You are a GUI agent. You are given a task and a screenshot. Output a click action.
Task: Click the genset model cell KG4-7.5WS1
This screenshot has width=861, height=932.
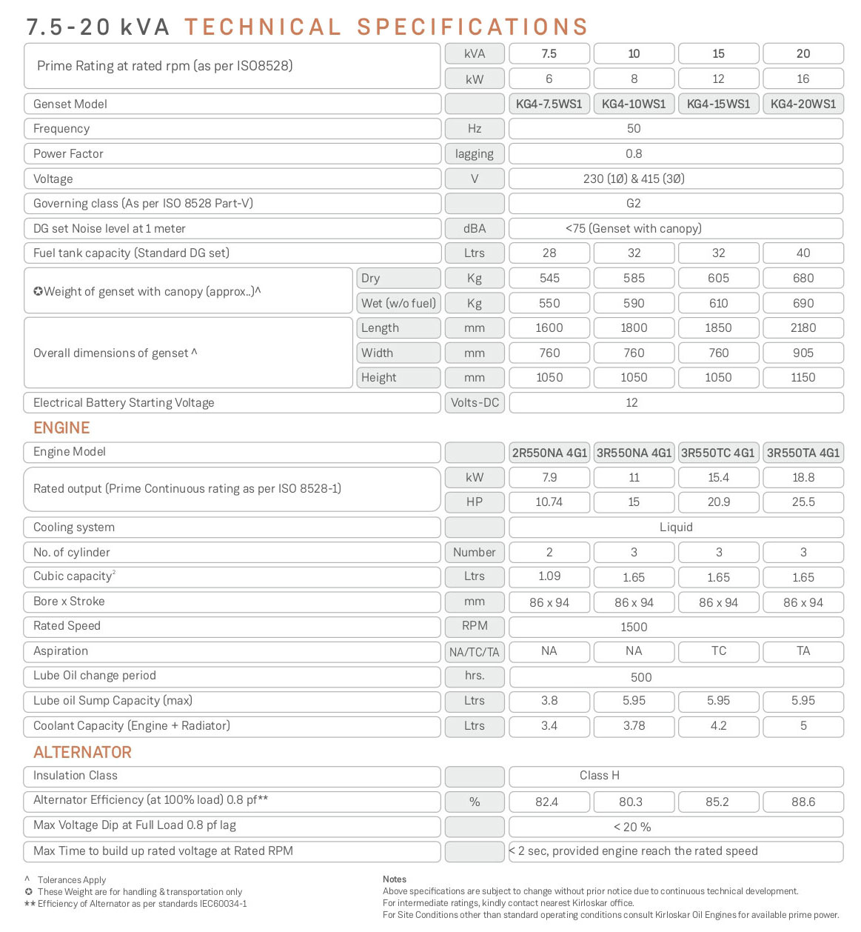click(x=549, y=104)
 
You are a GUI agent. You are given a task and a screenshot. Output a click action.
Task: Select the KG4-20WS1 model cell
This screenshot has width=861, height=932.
click(x=803, y=104)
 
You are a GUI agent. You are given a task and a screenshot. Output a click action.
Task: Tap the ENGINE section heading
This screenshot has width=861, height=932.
click(x=61, y=427)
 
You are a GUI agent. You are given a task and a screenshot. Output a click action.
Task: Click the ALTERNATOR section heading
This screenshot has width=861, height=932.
click(x=82, y=752)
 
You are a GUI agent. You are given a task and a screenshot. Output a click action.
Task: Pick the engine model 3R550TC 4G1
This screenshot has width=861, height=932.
click(x=718, y=453)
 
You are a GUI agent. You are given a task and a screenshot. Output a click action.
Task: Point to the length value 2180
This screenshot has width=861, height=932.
click(x=803, y=327)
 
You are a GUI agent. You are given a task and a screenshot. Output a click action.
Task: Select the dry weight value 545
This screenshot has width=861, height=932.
click(x=549, y=278)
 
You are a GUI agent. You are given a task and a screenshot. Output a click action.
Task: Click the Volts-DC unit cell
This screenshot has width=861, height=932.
click(x=475, y=402)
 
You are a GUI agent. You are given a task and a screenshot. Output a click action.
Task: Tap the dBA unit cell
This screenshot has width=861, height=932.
click(x=475, y=228)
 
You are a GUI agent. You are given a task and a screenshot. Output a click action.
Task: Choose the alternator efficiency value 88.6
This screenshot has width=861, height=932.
click(x=803, y=802)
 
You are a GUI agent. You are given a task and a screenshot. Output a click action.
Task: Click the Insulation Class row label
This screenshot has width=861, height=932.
click(x=76, y=775)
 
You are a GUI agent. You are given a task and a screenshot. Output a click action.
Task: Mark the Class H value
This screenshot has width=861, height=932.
click(x=600, y=775)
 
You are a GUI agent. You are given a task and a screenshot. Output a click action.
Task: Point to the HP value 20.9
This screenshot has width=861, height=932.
click(x=718, y=502)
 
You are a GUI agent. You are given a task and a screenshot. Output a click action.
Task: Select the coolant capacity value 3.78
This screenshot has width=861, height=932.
click(x=634, y=725)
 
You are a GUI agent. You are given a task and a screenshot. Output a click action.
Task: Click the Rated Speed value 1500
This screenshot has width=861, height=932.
click(x=634, y=627)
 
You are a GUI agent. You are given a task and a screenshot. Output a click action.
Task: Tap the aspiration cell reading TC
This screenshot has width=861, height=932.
click(x=718, y=650)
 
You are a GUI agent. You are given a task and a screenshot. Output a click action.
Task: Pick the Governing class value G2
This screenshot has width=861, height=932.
click(x=634, y=203)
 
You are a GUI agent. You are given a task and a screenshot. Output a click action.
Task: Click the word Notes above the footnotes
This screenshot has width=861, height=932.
click(x=395, y=879)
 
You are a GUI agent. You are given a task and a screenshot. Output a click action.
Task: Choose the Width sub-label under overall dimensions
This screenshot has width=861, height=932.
click(x=378, y=353)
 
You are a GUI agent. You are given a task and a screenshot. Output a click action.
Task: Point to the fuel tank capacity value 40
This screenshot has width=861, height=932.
click(x=803, y=253)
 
